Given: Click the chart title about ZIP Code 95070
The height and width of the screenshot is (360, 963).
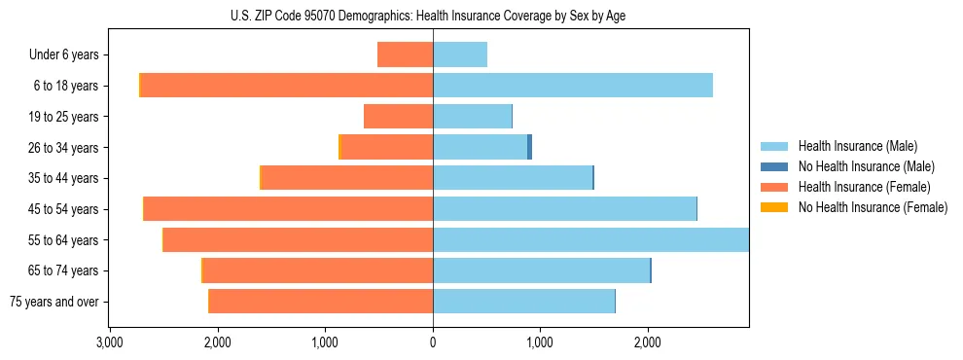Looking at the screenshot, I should coord(434,16).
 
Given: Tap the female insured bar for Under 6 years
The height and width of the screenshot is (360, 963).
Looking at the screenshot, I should coord(405,54).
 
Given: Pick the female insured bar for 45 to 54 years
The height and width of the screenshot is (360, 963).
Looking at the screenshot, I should coord(288,209).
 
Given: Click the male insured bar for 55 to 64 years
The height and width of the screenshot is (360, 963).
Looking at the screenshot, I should coord(590,239).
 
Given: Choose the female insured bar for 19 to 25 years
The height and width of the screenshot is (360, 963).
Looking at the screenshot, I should coord(398,117).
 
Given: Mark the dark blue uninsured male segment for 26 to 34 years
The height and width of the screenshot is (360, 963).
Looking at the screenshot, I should coord(529,147).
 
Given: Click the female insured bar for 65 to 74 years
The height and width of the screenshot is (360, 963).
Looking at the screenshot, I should coord(318,270).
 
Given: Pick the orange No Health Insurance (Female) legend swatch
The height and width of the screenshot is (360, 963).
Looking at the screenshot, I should coord(775,207).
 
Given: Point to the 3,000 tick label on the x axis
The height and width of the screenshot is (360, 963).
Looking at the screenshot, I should coord(110,342).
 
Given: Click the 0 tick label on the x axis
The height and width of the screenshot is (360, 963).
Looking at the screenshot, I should coord(433,342).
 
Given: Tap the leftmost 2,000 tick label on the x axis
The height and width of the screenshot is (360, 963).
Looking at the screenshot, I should coord(217,342).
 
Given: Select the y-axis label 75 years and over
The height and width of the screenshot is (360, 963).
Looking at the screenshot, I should coord(56,302).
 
